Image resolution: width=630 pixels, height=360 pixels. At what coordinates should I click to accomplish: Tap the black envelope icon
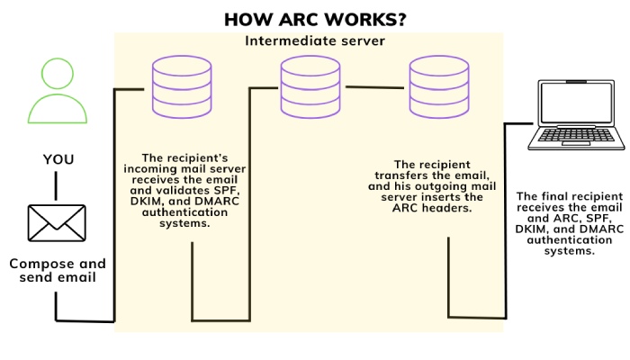coord(56,222)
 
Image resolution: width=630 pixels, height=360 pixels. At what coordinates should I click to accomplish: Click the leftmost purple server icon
coord(177,86)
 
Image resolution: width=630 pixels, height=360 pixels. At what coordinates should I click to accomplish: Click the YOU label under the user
coord(58,159)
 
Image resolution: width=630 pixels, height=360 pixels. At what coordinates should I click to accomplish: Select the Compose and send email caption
coord(58,270)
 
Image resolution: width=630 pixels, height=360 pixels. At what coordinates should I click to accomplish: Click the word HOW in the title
coord(247,19)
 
